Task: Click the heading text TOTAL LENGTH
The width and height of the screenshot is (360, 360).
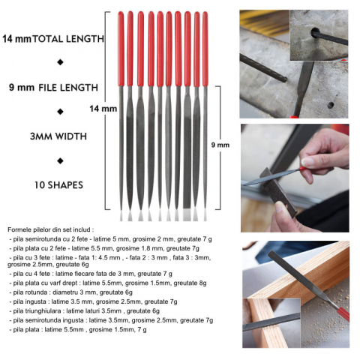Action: point(68,39)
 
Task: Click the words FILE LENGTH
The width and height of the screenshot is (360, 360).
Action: point(68,88)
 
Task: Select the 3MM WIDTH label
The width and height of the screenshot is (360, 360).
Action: point(58,136)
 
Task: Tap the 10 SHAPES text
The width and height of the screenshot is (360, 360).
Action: point(58,185)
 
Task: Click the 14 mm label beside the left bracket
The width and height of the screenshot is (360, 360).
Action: point(103,109)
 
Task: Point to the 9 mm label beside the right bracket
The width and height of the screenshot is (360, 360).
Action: point(220,145)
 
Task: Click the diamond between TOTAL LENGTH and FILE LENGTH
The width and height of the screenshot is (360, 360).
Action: point(60,62)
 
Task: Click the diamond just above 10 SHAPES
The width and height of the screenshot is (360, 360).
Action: point(60,160)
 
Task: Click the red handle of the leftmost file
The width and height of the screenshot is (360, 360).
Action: point(121,49)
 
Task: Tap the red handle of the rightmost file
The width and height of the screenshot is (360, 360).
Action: point(205,49)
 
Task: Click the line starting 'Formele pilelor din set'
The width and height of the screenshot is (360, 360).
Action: point(51,229)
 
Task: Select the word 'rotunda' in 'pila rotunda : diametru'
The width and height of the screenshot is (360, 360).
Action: point(37,292)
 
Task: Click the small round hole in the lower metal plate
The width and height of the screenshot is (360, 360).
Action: point(331,105)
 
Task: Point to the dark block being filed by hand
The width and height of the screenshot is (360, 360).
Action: point(278,191)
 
